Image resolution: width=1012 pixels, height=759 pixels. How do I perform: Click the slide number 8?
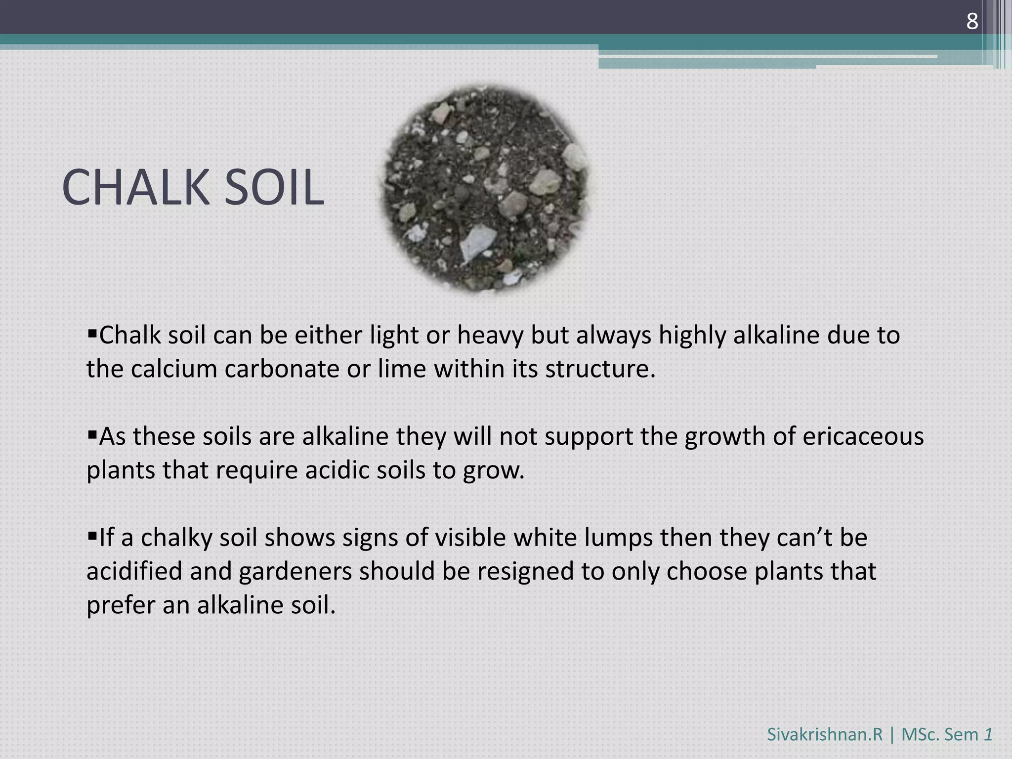972,22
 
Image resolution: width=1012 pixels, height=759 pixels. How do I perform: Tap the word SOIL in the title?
274,188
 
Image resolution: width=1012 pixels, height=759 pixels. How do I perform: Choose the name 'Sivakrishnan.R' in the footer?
824,735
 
